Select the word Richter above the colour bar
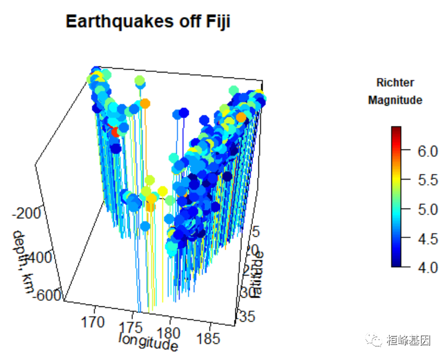(x=395, y=82)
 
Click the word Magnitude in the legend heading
(x=395, y=100)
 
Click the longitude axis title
(x=148, y=340)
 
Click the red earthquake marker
(x=114, y=130)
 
